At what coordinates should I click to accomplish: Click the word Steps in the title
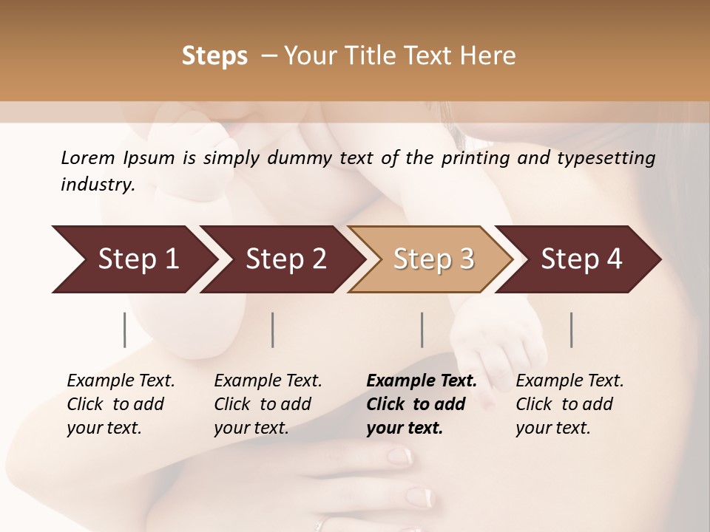click(x=214, y=56)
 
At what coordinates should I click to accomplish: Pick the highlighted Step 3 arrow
click(x=433, y=259)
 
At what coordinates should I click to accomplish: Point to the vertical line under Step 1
click(x=125, y=330)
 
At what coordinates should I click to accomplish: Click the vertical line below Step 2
click(x=273, y=330)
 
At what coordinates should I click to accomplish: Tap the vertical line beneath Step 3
click(x=422, y=330)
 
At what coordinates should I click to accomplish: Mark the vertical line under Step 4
click(x=572, y=330)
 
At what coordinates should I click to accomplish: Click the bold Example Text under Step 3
click(x=422, y=404)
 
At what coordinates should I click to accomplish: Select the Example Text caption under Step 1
click(x=121, y=404)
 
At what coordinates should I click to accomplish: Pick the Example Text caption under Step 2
click(x=268, y=404)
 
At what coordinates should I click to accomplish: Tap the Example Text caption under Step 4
click(x=569, y=404)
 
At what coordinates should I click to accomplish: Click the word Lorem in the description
click(x=88, y=157)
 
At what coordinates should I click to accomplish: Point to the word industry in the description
click(x=97, y=185)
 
